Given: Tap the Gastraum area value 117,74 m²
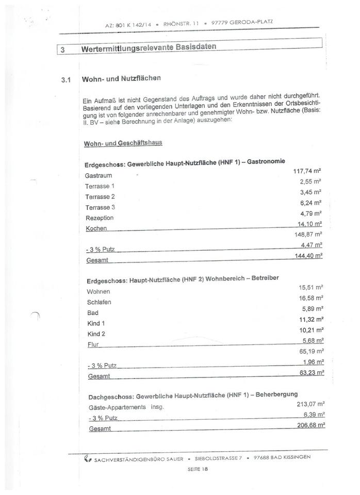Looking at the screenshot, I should coord(308,171).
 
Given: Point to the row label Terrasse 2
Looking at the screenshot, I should coord(100,197).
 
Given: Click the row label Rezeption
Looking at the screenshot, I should coord(99,218).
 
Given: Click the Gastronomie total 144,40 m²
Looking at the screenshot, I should coord(308,255).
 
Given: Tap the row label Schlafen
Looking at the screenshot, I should coord(99,302).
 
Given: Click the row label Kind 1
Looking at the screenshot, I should coord(96,323).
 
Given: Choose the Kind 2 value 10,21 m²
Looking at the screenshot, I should coord(312,329).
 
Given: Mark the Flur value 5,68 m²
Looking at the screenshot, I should coord(313,340).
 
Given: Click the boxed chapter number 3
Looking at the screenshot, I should coord(62,51).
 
